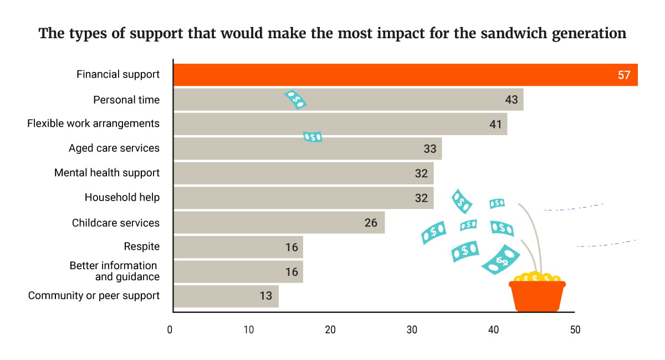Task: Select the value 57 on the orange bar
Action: (624, 75)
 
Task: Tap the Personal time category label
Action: (126, 100)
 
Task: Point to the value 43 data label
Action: (511, 100)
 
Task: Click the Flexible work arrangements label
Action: (93, 124)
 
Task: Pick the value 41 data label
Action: (495, 125)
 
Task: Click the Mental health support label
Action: (107, 173)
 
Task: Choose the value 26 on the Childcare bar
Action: (371, 223)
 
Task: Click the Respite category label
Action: (141, 246)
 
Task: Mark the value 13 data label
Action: (266, 296)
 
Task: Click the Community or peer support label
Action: (94, 296)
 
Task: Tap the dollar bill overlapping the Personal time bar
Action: (295, 100)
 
